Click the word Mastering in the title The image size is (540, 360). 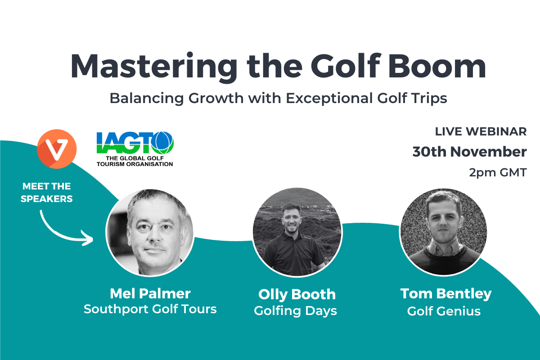[154, 67]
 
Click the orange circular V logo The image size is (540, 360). [57, 149]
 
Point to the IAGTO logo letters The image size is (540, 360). [135, 143]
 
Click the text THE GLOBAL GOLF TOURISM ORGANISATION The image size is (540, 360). [135, 161]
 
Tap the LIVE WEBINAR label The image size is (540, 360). [481, 132]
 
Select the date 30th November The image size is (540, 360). [470, 152]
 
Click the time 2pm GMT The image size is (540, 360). [498, 173]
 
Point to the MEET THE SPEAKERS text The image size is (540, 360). [46, 193]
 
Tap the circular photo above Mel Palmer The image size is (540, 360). [150, 233]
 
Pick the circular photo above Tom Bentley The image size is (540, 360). [444, 232]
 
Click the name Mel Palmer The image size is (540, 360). [150, 294]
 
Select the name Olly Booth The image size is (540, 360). [297, 295]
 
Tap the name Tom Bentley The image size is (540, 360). [446, 294]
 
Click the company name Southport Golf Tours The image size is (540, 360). [150, 309]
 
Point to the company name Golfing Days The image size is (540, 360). [295, 311]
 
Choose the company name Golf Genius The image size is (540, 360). [444, 311]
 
